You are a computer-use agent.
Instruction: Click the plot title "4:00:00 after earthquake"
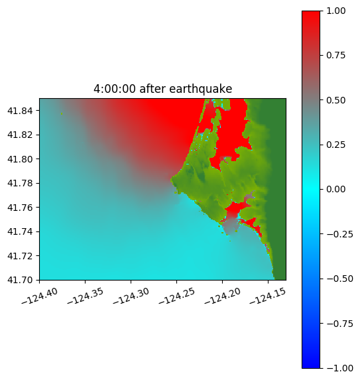pyautogui.click(x=163, y=89)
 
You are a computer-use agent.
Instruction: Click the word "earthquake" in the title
pyautogui.click(x=201, y=89)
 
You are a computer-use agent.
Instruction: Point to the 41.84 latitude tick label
pyautogui.click(x=20, y=111)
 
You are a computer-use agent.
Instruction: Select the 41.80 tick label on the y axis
pyautogui.click(x=20, y=159)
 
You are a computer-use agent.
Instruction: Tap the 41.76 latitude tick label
pyautogui.click(x=20, y=208)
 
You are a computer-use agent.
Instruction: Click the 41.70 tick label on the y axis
pyautogui.click(x=20, y=280)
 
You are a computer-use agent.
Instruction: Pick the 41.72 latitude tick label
pyautogui.click(x=20, y=256)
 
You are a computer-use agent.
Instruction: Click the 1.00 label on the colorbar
pyautogui.click(x=335, y=11)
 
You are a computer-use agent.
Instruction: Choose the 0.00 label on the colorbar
pyautogui.click(x=335, y=189)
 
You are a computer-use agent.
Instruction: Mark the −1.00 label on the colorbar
pyautogui.click(x=339, y=368)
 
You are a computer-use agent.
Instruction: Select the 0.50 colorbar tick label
pyautogui.click(x=335, y=100)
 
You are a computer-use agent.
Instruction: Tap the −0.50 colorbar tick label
pyautogui.click(x=339, y=279)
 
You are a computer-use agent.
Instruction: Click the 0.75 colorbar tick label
pyautogui.click(x=335, y=56)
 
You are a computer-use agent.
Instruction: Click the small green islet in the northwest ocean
pyautogui.click(x=62, y=113)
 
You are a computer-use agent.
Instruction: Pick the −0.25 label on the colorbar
pyautogui.click(x=339, y=234)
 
